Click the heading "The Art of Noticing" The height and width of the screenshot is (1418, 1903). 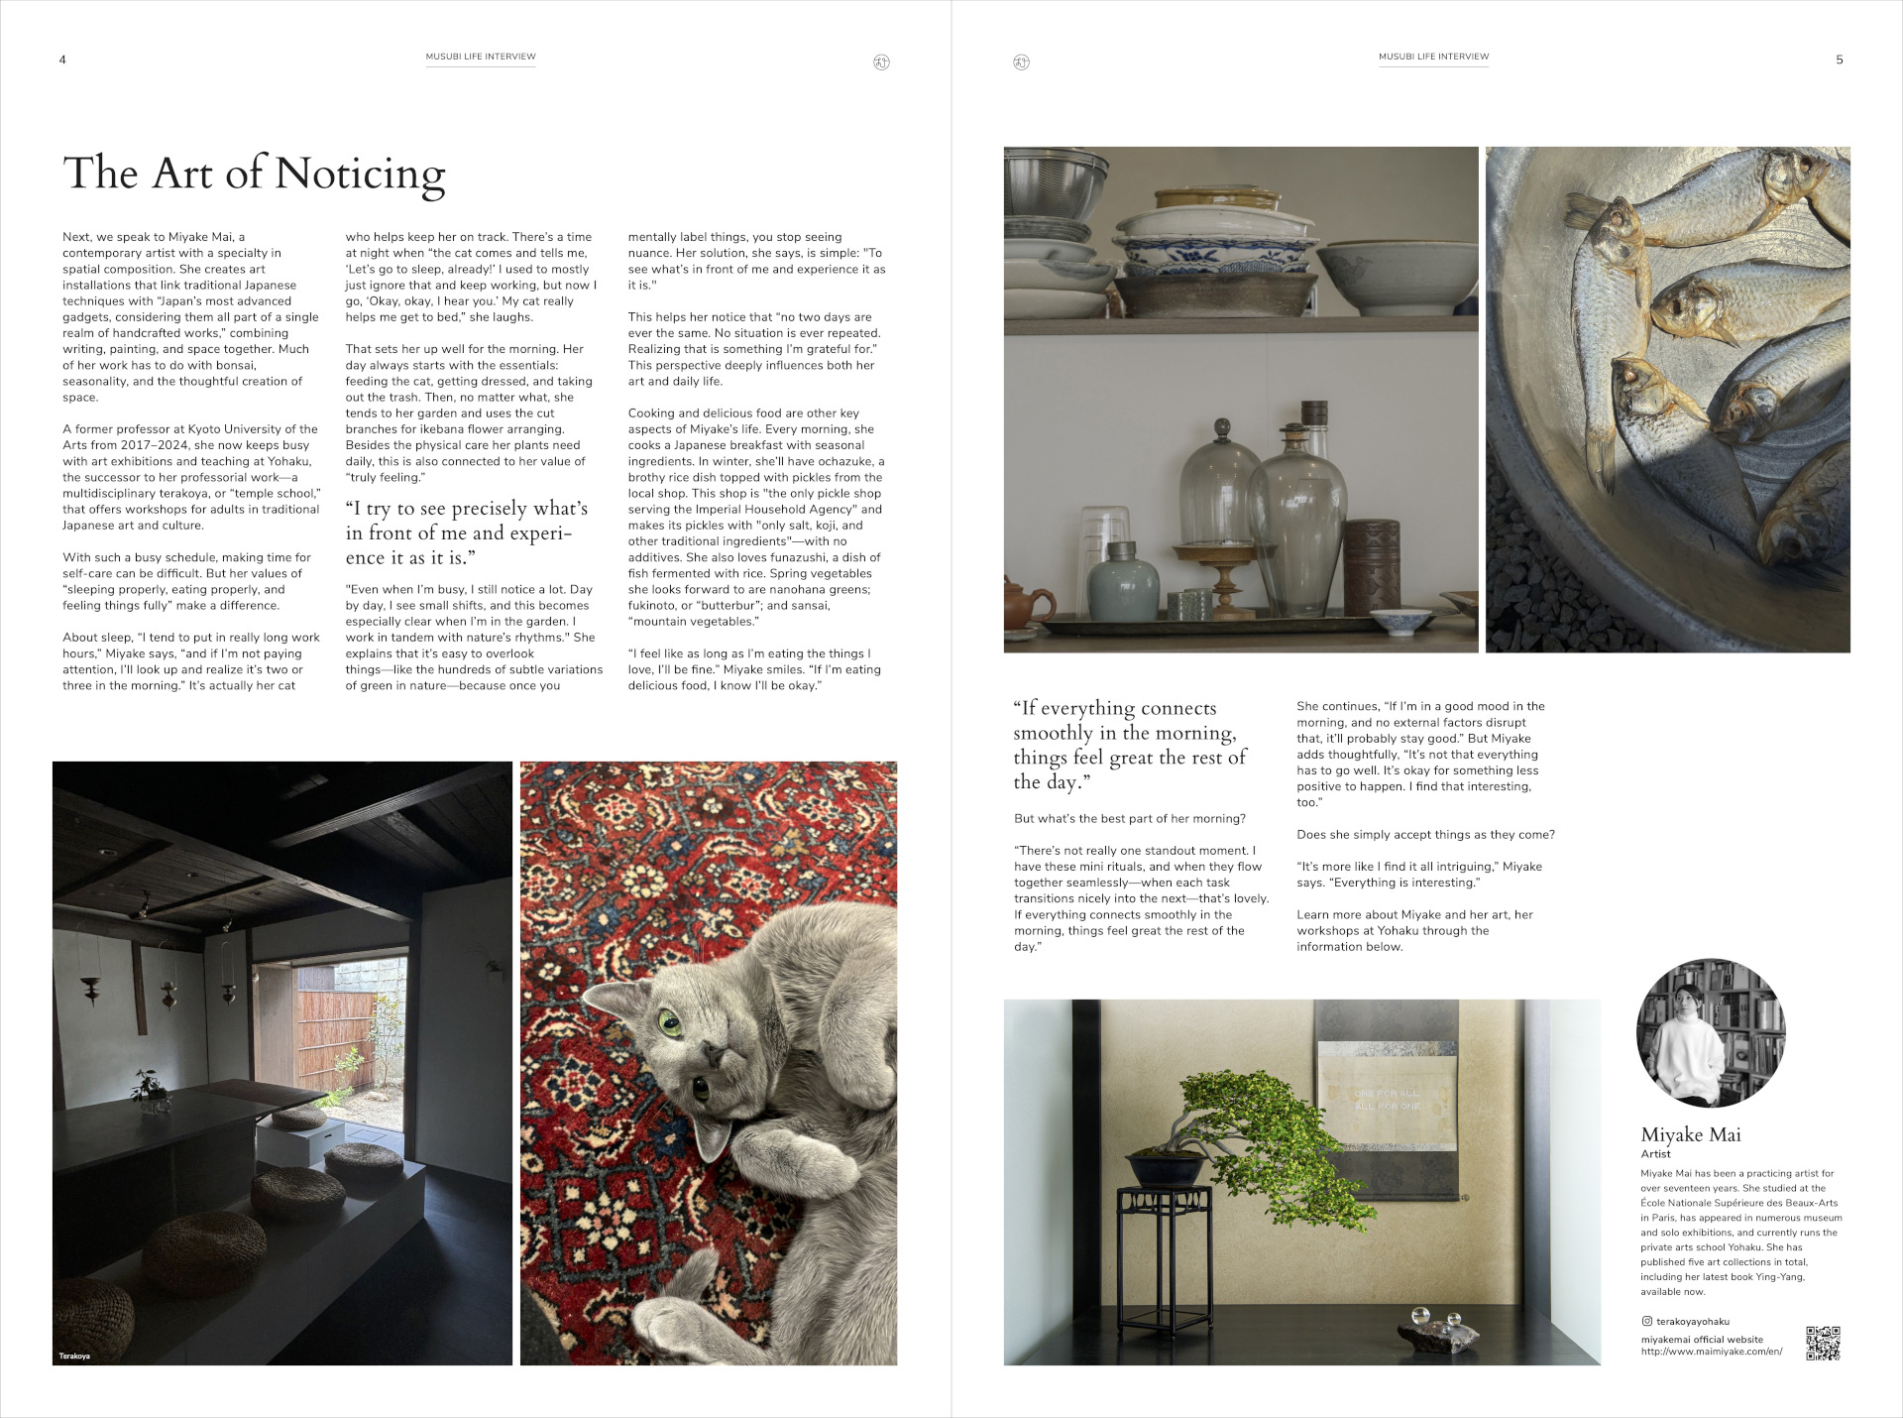point(254,174)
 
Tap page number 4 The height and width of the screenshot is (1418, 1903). point(62,59)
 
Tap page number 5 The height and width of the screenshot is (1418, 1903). point(1840,59)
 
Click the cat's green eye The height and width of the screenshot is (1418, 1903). point(671,1020)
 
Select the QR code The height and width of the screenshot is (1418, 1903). point(1823,1343)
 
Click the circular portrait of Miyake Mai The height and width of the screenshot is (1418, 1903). point(1711,1032)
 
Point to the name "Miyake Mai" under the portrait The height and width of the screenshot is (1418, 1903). point(1691,1134)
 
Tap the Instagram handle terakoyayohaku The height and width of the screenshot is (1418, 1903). point(1692,1321)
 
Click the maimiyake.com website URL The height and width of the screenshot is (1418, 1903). point(1711,1352)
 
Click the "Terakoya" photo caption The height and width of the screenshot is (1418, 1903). point(74,1356)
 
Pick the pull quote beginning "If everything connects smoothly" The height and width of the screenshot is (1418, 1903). point(1129,745)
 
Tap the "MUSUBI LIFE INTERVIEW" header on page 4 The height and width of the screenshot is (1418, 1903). point(481,57)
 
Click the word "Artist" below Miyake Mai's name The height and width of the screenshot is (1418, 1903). point(1655,1154)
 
